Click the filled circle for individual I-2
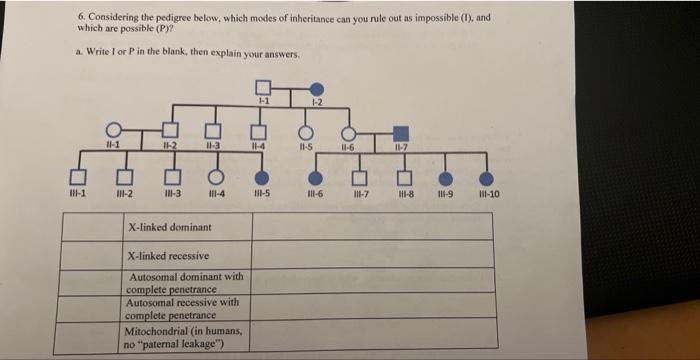(318, 88)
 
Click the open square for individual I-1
(262, 87)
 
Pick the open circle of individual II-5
(307, 131)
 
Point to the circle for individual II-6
(349, 131)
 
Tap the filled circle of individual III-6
(307, 177)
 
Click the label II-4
(258, 149)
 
